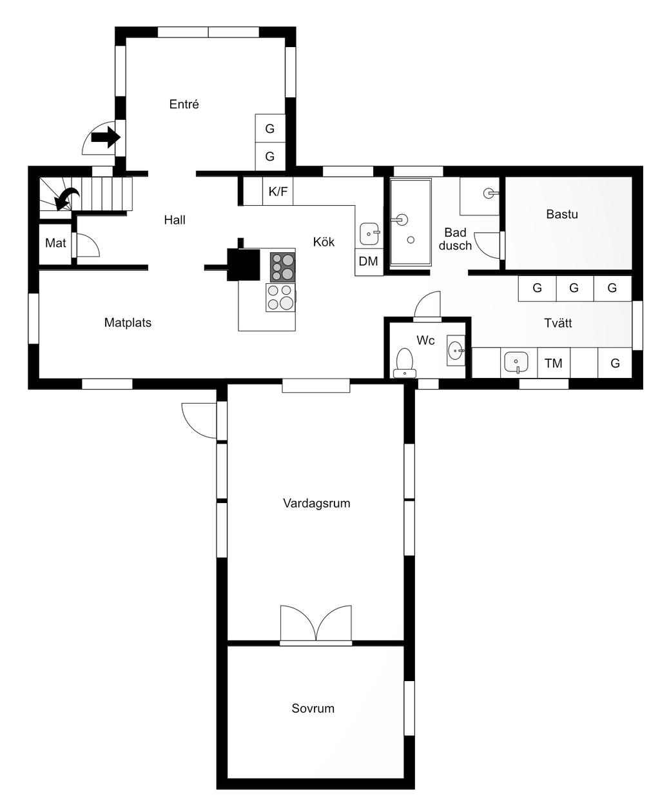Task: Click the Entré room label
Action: point(184,104)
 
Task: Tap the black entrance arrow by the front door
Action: point(106,137)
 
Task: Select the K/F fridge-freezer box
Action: point(278,191)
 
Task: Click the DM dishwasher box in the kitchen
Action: point(369,261)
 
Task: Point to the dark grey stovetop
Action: point(282,267)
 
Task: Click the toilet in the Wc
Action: point(405,362)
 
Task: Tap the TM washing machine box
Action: point(554,363)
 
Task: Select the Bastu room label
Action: point(562,214)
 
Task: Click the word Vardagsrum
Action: point(316,503)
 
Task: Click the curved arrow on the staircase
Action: point(66,198)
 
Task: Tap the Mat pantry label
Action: point(55,243)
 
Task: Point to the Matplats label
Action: point(128,322)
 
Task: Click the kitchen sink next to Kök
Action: point(369,234)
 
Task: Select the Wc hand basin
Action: point(456,350)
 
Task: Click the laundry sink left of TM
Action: point(516,362)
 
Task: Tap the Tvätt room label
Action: point(558,323)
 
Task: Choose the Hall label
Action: point(175,220)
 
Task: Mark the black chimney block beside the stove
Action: point(244,264)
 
